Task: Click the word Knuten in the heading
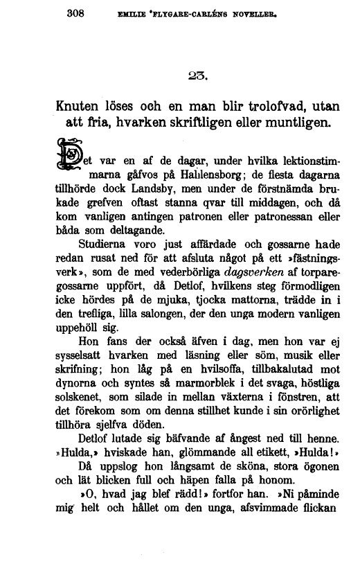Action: click(x=82, y=108)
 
